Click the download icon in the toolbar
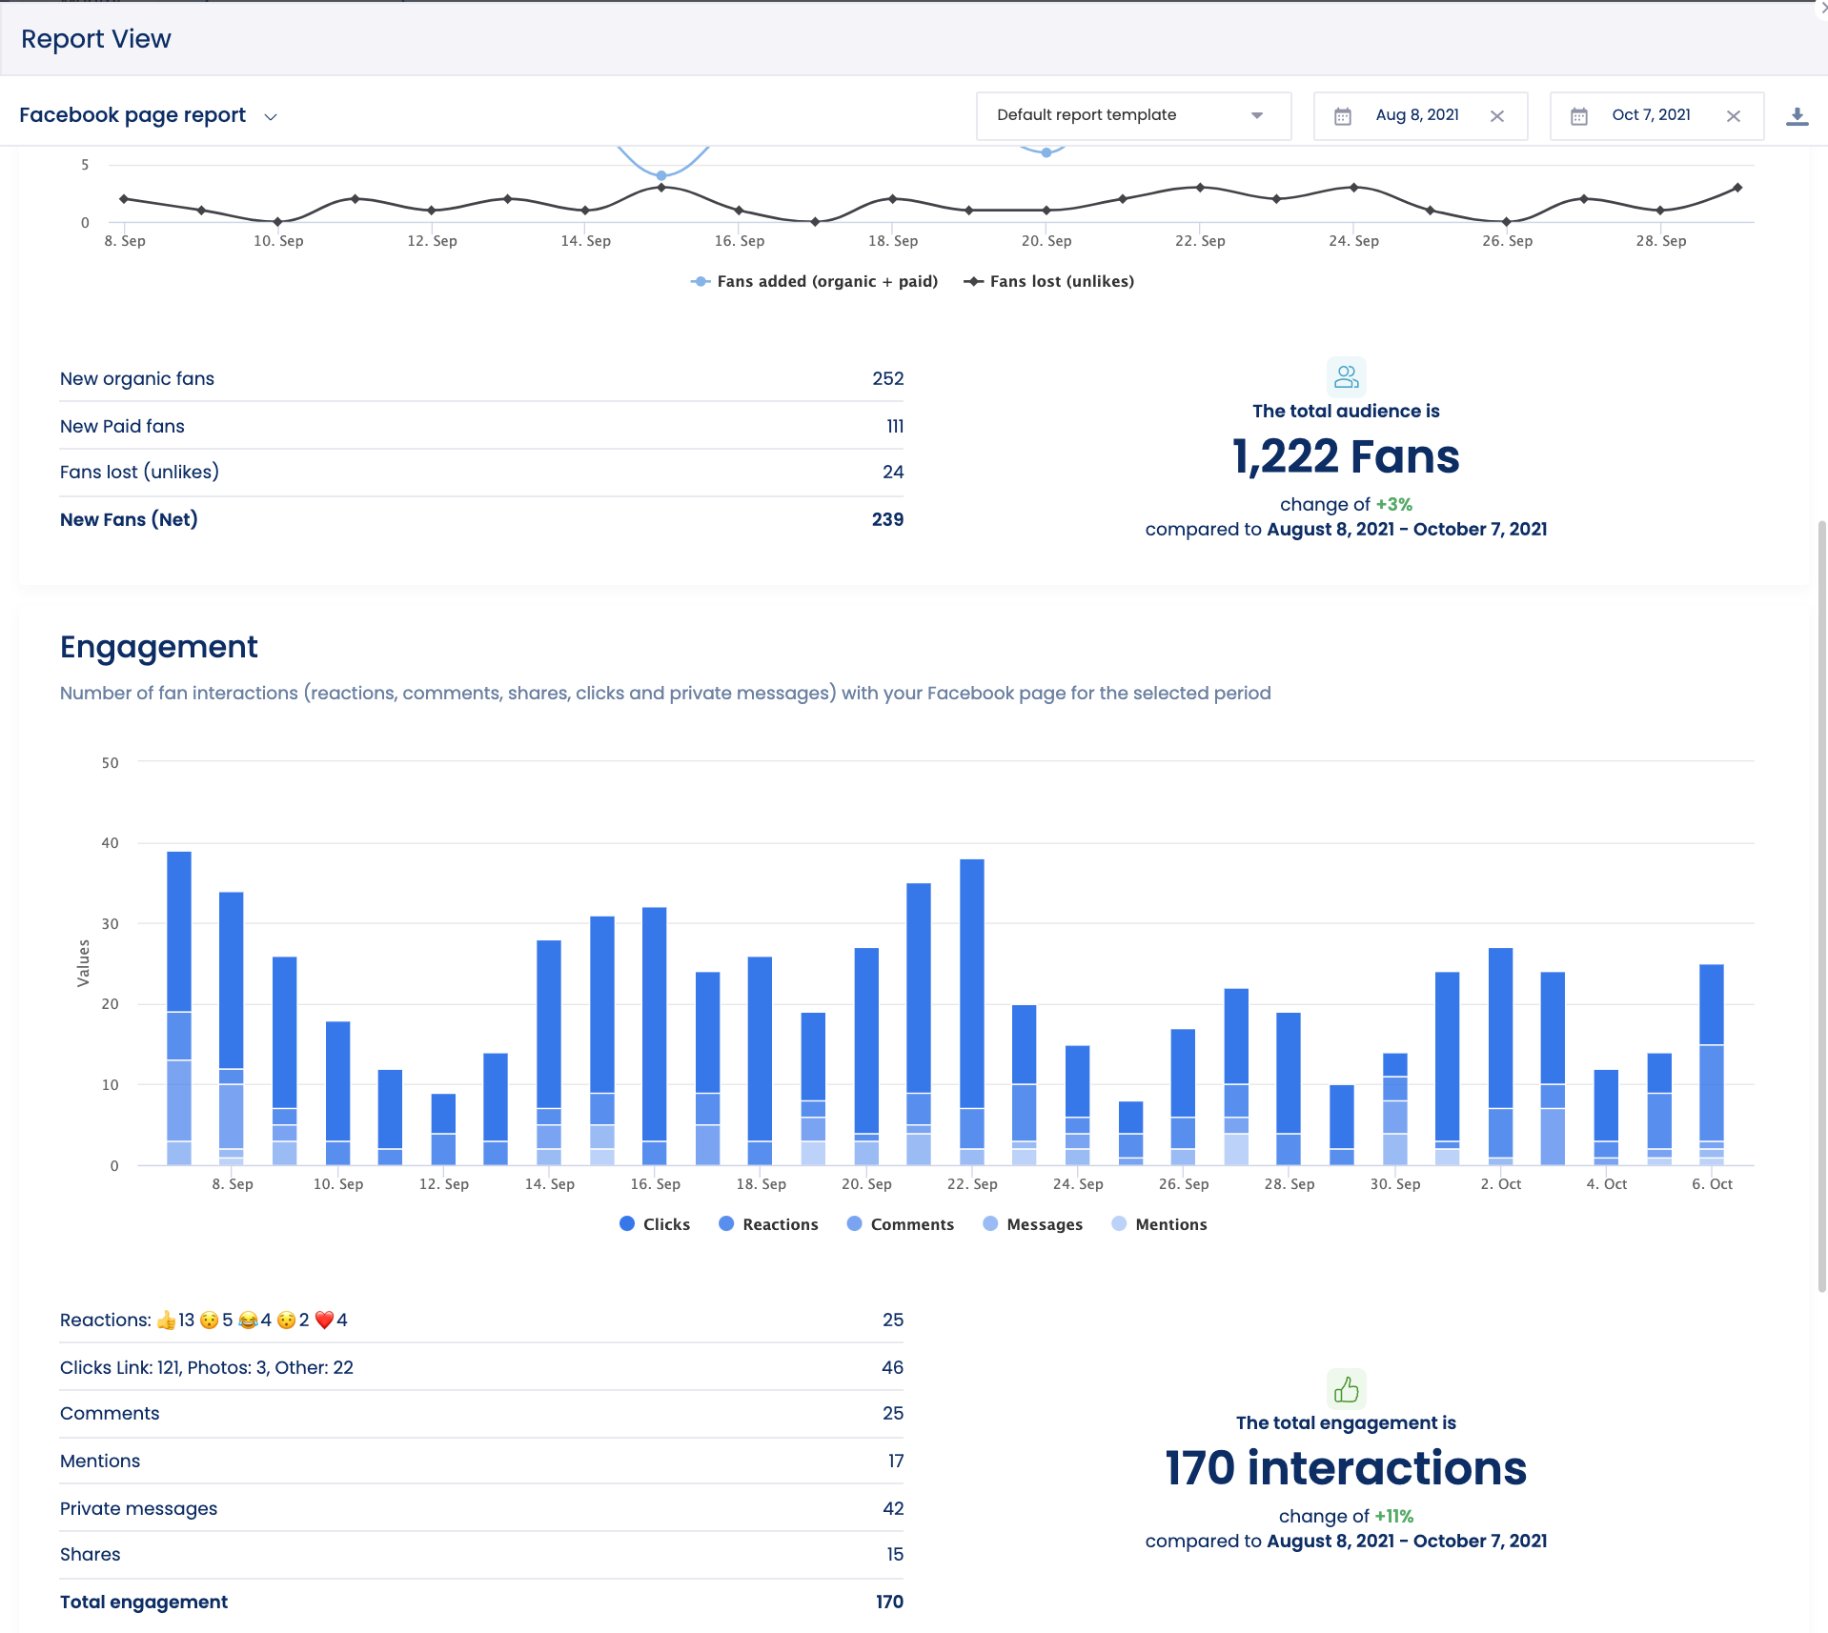[x=1797, y=116]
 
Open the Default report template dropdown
[x=1132, y=115]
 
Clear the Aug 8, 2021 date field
[x=1497, y=116]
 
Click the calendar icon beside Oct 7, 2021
[x=1579, y=116]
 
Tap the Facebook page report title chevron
[x=271, y=117]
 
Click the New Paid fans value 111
[x=894, y=426]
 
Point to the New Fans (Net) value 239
[x=886, y=519]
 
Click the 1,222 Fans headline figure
[x=1345, y=456]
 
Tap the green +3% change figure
[x=1393, y=504]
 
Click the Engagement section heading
[x=158, y=647]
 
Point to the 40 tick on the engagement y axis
[x=111, y=843]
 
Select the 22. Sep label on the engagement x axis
[x=972, y=1184]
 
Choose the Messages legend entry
[x=1033, y=1224]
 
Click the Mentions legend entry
[x=1160, y=1224]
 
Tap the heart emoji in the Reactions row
[x=324, y=1320]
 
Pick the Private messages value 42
[x=892, y=1508]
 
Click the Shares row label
[x=91, y=1554]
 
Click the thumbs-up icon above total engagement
[x=1346, y=1389]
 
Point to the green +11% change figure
[x=1393, y=1516]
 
